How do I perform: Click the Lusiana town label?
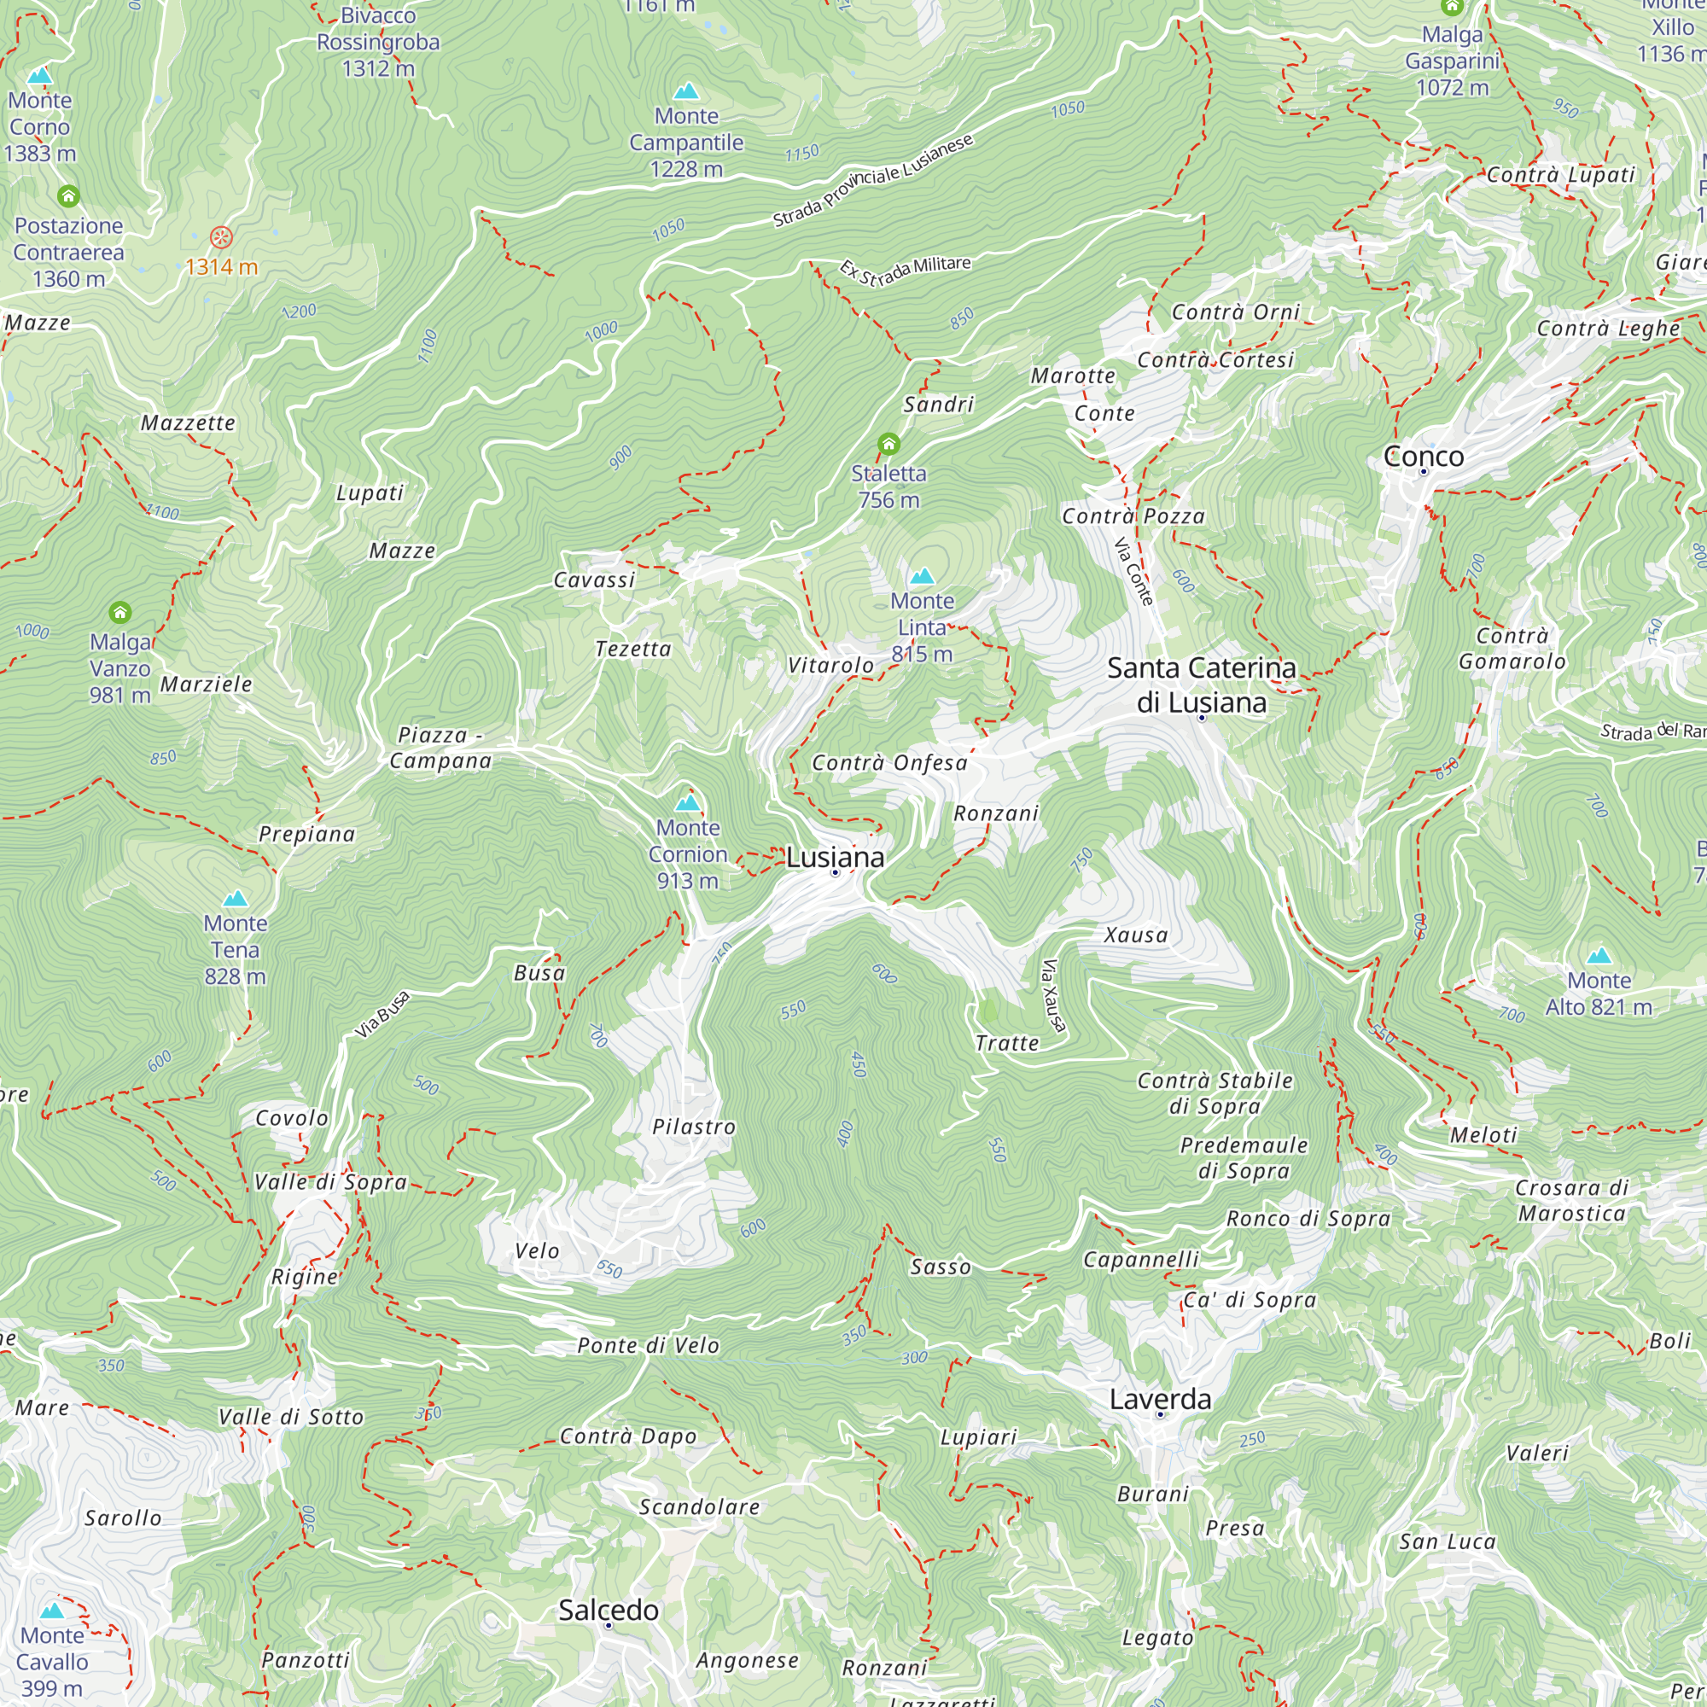(x=835, y=857)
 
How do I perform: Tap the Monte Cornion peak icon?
(x=687, y=802)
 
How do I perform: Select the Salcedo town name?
(x=608, y=1610)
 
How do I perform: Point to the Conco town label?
(x=1424, y=456)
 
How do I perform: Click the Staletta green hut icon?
(x=888, y=444)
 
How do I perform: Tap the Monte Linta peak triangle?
(x=922, y=577)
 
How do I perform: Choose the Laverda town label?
(x=1160, y=1399)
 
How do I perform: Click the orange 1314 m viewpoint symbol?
(x=221, y=236)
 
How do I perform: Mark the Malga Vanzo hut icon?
(x=120, y=612)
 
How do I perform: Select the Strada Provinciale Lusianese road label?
(x=872, y=180)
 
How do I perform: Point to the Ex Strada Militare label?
(x=905, y=270)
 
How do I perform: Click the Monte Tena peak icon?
(x=235, y=899)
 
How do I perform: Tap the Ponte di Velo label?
(x=648, y=1345)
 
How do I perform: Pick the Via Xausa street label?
(x=1053, y=996)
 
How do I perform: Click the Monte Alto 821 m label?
(x=1599, y=993)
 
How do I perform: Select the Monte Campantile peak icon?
(x=686, y=91)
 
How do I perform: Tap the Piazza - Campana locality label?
(x=440, y=748)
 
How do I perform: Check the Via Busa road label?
(x=382, y=1014)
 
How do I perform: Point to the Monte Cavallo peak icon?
(x=52, y=1611)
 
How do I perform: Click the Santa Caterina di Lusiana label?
(x=1201, y=685)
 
